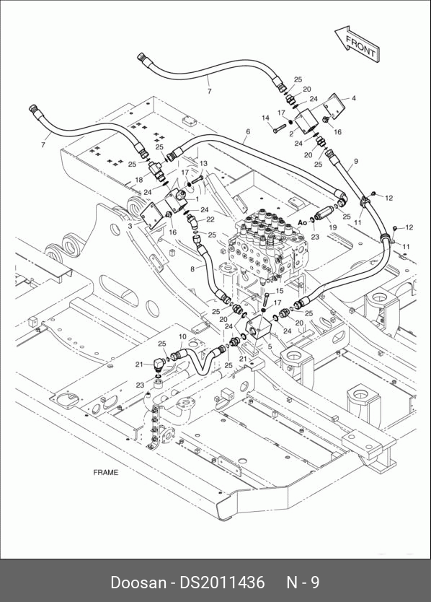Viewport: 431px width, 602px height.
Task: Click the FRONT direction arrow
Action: (357, 43)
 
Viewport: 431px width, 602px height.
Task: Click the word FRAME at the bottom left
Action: (106, 472)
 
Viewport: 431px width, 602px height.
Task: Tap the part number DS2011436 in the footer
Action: (223, 582)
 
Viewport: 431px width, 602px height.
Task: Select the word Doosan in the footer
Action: (138, 582)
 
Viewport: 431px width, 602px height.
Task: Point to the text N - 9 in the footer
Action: (303, 582)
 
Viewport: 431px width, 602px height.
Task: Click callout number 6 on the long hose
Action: (248, 131)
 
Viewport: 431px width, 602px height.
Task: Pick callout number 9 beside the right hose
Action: (356, 161)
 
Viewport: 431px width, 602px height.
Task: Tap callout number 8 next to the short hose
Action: (192, 269)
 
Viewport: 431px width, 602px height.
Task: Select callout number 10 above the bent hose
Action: (182, 336)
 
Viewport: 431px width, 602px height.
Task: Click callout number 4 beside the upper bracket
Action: (354, 98)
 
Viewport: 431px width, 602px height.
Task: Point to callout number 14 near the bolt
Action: (266, 118)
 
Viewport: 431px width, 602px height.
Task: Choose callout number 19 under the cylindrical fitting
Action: (332, 227)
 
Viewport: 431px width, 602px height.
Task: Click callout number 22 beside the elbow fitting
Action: (210, 219)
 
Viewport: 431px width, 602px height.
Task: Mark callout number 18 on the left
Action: (139, 180)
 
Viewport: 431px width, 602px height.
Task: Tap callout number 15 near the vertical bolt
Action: (279, 291)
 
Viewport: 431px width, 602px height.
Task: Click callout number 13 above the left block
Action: (203, 163)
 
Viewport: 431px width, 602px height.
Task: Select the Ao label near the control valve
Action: (302, 222)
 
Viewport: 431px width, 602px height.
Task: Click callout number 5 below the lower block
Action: (270, 346)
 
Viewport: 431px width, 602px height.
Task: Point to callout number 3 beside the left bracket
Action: (130, 226)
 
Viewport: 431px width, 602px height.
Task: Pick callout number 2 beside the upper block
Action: (291, 134)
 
